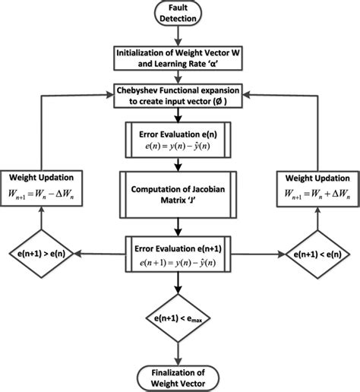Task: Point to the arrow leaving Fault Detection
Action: [180, 36]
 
